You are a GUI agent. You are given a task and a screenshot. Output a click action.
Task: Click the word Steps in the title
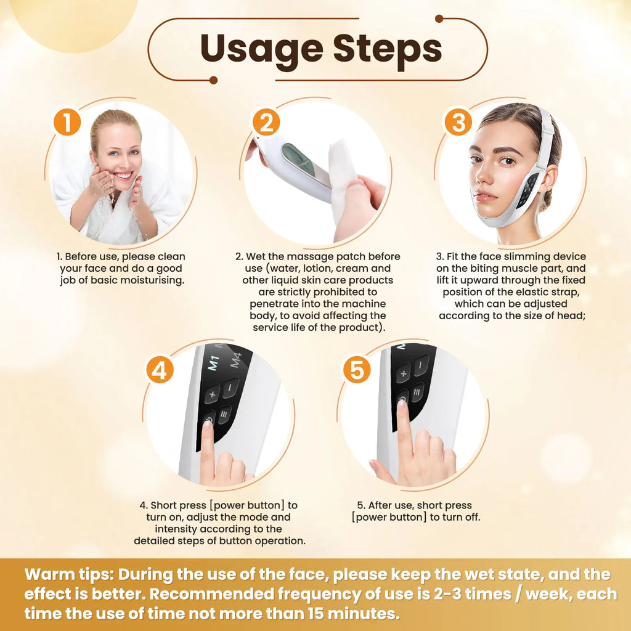click(x=388, y=49)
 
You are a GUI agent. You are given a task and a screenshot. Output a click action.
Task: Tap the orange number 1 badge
click(x=67, y=122)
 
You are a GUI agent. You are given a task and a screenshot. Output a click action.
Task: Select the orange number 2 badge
click(x=266, y=123)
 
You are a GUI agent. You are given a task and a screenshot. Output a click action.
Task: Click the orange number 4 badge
click(x=159, y=370)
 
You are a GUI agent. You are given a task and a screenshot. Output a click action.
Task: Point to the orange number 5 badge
click(x=356, y=370)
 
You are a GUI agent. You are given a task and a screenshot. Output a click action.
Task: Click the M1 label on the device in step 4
click(x=214, y=361)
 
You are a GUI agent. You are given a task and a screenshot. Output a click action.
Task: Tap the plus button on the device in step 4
click(x=213, y=393)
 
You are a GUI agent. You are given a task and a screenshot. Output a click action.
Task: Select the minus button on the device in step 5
click(x=421, y=365)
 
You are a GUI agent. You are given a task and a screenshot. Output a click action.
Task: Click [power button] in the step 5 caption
click(x=389, y=517)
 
